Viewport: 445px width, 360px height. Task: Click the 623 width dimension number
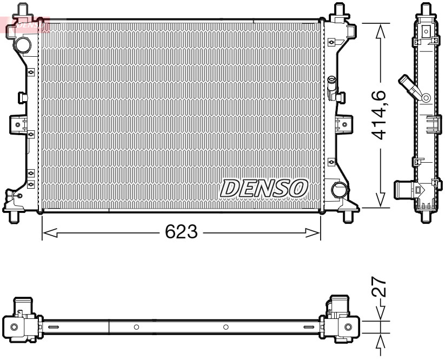[x=181, y=233]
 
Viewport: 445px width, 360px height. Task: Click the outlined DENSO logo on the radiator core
[x=264, y=188]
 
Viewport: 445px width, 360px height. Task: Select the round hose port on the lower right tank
[x=340, y=190]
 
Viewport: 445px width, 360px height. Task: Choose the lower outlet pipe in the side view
[x=403, y=190]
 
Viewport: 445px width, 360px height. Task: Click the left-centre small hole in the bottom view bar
[x=136, y=327]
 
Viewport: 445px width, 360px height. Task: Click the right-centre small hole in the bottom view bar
[x=225, y=327]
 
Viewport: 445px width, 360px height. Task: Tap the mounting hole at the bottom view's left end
[x=14, y=327]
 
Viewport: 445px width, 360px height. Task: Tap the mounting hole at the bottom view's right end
[x=348, y=327]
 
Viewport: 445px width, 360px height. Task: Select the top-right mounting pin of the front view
[x=340, y=10]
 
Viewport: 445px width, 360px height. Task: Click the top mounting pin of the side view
[x=426, y=8]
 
